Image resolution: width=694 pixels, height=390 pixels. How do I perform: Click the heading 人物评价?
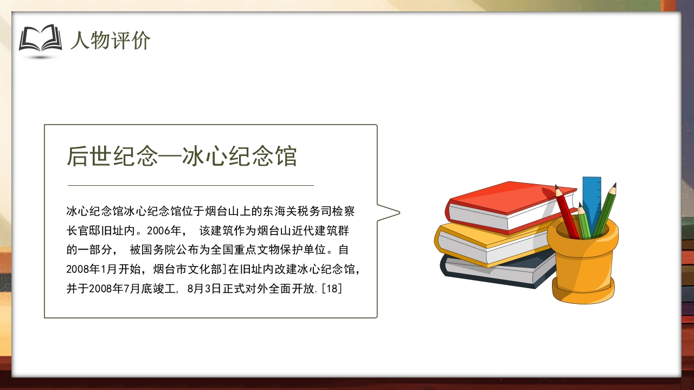110,41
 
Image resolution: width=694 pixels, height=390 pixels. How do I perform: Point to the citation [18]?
331,289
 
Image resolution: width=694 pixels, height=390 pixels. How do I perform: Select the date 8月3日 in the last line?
204,289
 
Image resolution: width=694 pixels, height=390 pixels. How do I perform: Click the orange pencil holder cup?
583,265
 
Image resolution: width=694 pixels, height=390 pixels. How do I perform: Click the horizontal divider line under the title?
190,185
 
